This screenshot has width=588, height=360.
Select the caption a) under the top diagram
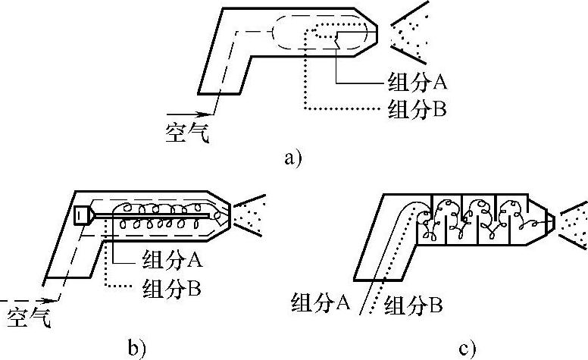point(292,158)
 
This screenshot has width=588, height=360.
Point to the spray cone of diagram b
point(250,211)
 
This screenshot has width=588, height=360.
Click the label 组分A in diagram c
point(319,302)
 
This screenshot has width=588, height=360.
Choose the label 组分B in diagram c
point(413,306)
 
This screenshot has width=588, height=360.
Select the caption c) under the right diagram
point(468,348)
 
